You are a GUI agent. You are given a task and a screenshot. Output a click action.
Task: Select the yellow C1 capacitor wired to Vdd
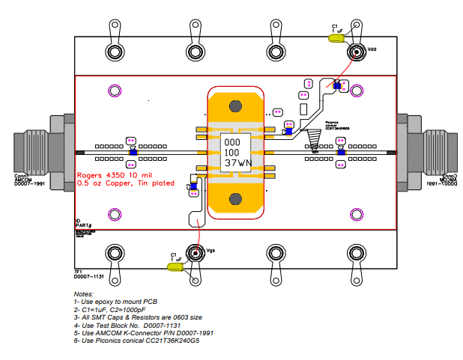[x=338, y=37]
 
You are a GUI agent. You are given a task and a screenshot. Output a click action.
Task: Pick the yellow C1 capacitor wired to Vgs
[x=175, y=266]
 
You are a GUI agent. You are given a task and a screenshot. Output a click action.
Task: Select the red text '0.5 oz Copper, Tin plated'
[x=126, y=183]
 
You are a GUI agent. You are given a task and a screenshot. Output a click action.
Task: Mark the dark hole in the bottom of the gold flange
[x=235, y=198]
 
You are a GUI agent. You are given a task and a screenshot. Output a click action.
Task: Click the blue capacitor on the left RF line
[x=133, y=152]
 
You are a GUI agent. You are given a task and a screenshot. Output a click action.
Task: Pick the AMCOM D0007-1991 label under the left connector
[x=30, y=182]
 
